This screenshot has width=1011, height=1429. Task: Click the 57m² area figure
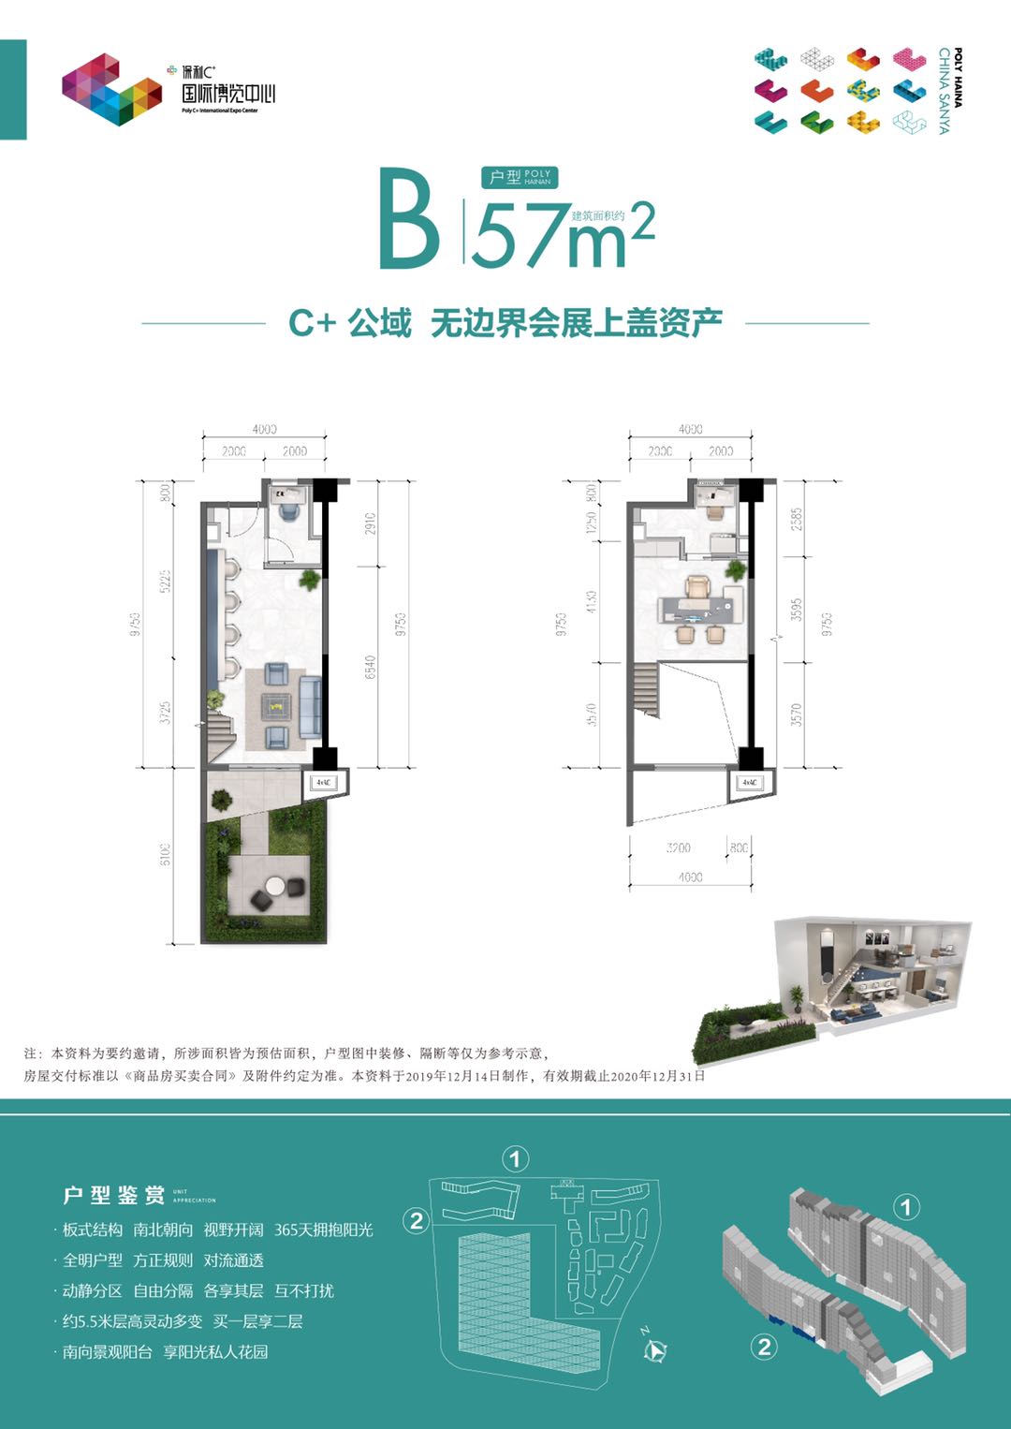tap(562, 234)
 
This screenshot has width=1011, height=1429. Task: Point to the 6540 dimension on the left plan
tap(370, 667)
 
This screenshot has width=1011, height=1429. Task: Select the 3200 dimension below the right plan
tap(679, 847)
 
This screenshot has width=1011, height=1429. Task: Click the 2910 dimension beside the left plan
tap(370, 523)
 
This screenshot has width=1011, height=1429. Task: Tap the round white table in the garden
tap(275, 885)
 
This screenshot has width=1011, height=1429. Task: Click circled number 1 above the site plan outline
tap(515, 1159)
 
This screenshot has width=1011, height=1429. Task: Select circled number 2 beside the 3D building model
tap(765, 1347)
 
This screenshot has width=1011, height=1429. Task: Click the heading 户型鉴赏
tap(113, 1195)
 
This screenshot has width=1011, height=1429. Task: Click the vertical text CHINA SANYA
tap(944, 91)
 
